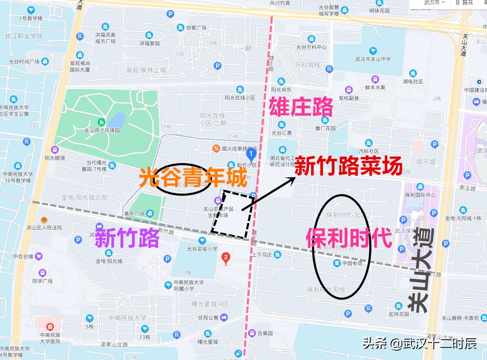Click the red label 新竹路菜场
pos(348,166)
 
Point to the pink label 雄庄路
pos(301,107)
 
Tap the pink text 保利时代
pos(348,239)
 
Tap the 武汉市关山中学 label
pos(373,59)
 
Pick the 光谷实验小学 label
pos(202,249)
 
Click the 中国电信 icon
pos(337,263)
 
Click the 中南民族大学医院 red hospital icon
pos(50,327)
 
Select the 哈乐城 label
pos(426,162)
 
